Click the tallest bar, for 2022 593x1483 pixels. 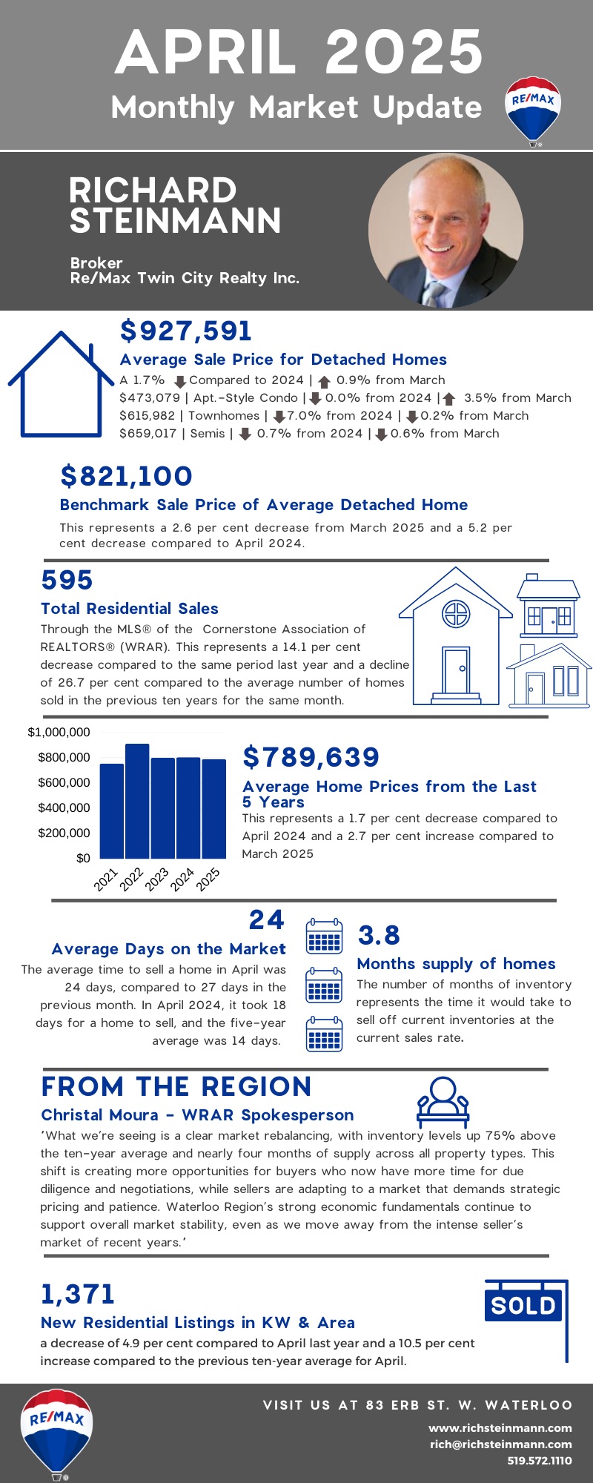click(137, 801)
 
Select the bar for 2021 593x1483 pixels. click(112, 811)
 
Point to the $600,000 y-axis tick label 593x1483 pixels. click(64, 782)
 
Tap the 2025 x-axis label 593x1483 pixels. click(208, 879)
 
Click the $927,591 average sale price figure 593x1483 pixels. click(186, 331)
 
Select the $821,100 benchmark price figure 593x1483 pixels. click(126, 476)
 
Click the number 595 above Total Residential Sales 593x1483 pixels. click(67, 580)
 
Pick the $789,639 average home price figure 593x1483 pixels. click(311, 757)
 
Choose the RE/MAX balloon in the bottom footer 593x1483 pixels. click(56, 1433)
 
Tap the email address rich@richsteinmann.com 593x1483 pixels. click(501, 1444)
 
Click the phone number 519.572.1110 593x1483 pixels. click(540, 1460)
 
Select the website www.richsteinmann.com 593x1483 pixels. click(500, 1427)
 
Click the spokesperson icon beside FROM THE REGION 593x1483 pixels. click(443, 1102)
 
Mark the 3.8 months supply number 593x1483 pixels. click(379, 936)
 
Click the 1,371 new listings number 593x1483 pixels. click(78, 1294)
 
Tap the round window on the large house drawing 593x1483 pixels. click(456, 614)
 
